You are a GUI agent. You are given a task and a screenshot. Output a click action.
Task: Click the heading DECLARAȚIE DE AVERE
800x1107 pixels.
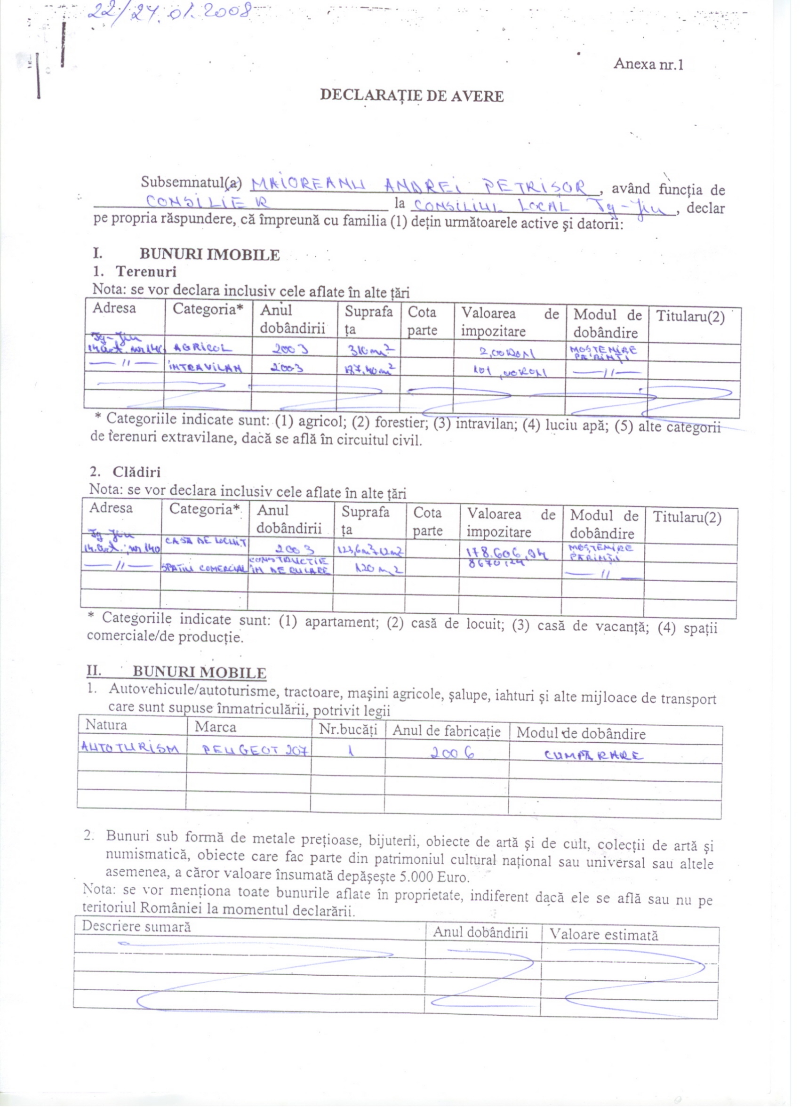(x=411, y=96)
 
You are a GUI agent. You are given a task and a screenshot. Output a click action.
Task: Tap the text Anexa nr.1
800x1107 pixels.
(x=648, y=64)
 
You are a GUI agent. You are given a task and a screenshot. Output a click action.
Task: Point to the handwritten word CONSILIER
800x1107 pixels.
(x=209, y=201)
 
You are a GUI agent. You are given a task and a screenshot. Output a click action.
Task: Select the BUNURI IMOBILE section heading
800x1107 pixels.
(x=209, y=255)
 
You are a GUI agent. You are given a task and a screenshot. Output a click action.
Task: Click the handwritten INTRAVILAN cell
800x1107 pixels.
(x=205, y=367)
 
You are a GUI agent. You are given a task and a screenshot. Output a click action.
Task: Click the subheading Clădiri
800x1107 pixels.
(x=136, y=472)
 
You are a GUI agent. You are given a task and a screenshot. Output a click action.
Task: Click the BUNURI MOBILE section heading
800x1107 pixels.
(x=199, y=672)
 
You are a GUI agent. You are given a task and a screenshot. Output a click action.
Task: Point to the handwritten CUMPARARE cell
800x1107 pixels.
(x=593, y=755)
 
